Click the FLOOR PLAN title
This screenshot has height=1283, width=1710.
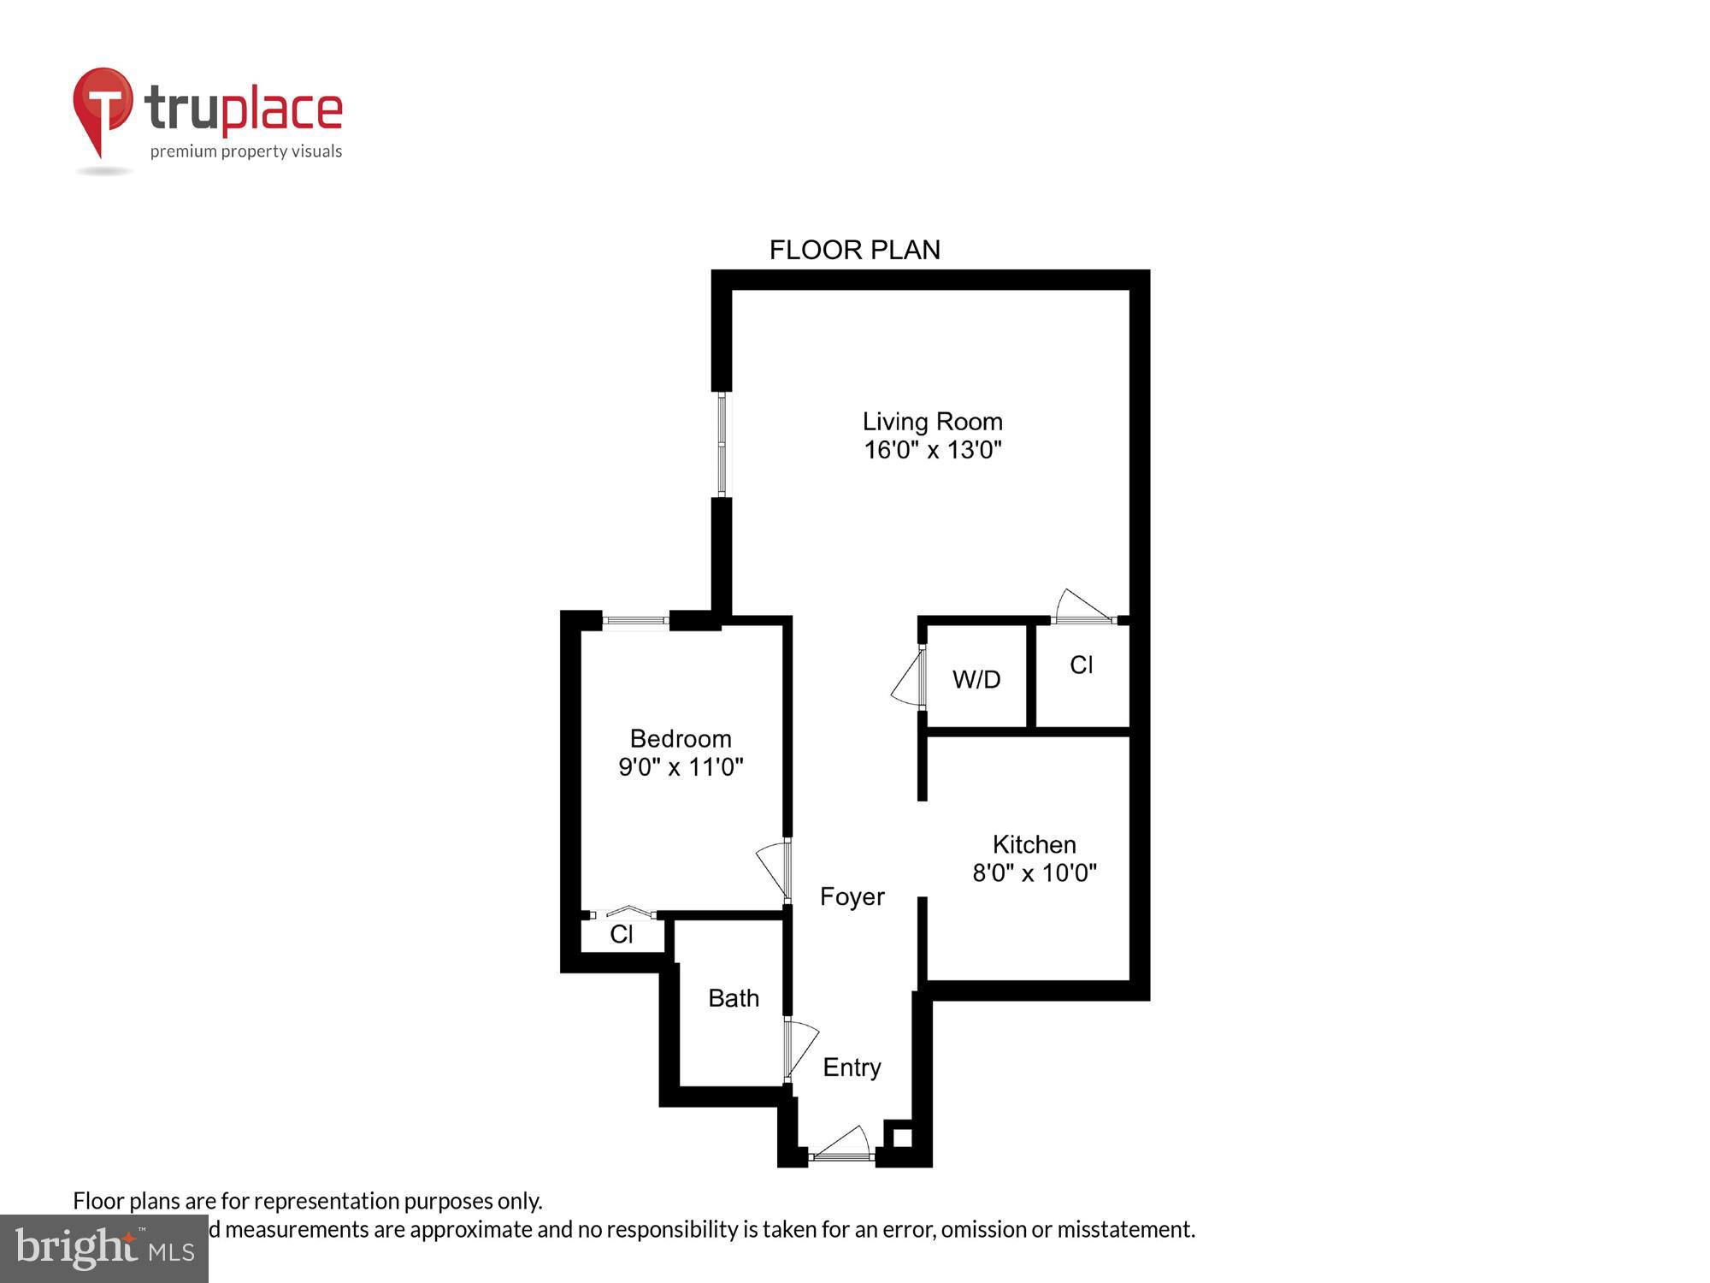(854, 250)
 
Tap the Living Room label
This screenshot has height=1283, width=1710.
(932, 422)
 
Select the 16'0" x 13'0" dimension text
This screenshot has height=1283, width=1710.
(932, 450)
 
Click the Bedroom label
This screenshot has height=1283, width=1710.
(681, 738)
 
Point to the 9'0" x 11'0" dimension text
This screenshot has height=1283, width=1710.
(681, 766)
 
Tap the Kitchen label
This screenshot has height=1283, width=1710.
(1034, 844)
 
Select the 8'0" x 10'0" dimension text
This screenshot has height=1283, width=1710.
(1034, 872)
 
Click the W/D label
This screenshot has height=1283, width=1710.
(976, 679)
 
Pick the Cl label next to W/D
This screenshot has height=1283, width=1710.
(1081, 665)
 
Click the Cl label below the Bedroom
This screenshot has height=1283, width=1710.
(622, 934)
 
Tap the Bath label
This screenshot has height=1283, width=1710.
(734, 998)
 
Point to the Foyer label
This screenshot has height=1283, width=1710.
(852, 896)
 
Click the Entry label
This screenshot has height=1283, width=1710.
(852, 1067)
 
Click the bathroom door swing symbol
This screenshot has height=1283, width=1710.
(800, 1049)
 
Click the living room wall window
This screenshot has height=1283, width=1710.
(722, 445)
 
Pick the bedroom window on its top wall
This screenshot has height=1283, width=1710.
(636, 621)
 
